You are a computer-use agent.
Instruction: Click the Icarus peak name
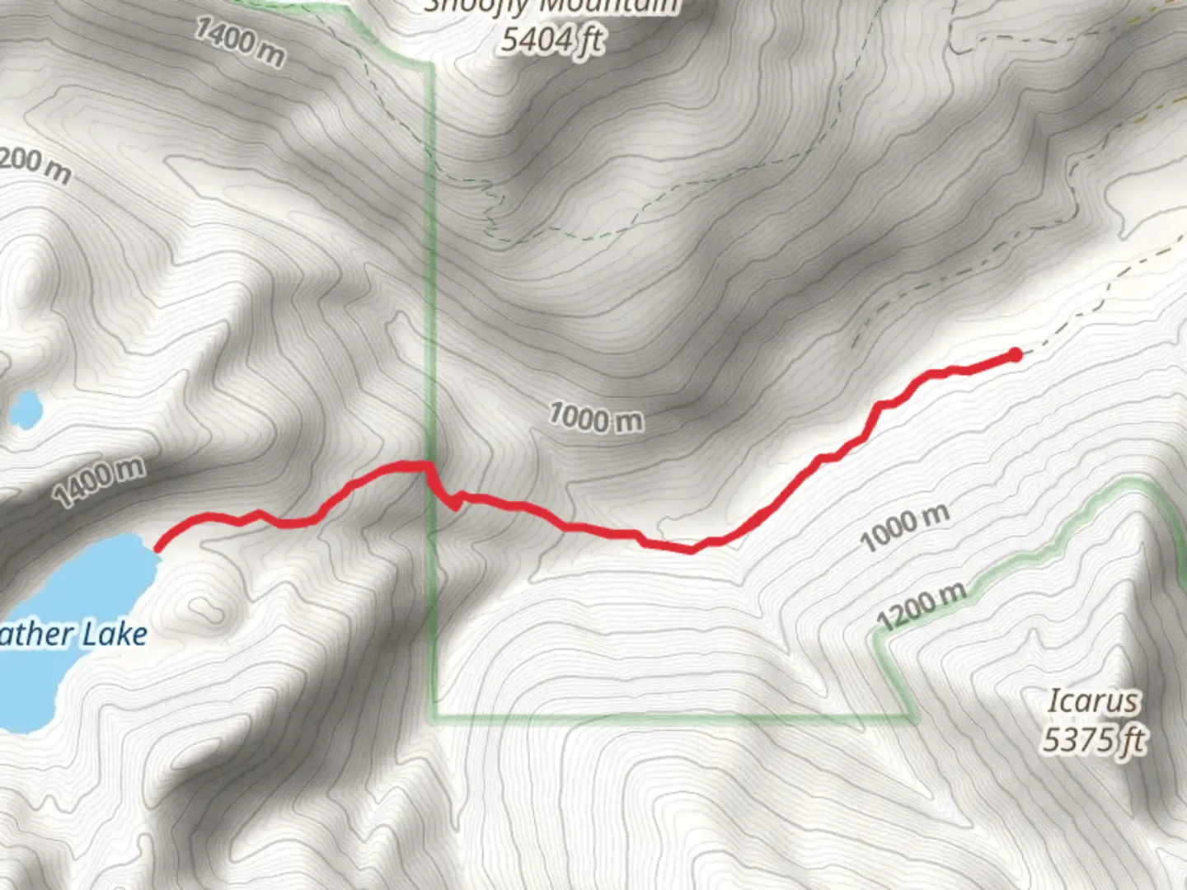click(x=1093, y=701)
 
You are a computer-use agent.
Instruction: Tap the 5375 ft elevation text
click(x=1093, y=739)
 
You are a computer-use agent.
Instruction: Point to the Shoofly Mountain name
click(x=551, y=7)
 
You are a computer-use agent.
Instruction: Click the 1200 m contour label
click(x=921, y=605)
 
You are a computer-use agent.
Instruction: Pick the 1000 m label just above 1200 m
click(x=904, y=527)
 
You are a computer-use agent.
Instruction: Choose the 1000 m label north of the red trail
click(x=596, y=417)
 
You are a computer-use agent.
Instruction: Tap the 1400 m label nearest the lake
click(x=99, y=482)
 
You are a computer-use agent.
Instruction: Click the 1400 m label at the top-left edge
click(x=240, y=41)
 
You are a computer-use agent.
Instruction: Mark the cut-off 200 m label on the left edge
click(x=35, y=165)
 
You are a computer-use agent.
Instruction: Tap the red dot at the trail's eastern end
click(x=1016, y=354)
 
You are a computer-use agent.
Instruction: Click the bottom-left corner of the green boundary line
click(x=432, y=717)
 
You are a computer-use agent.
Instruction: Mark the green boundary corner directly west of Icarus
click(x=916, y=718)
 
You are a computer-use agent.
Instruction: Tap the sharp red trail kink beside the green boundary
click(x=456, y=505)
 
